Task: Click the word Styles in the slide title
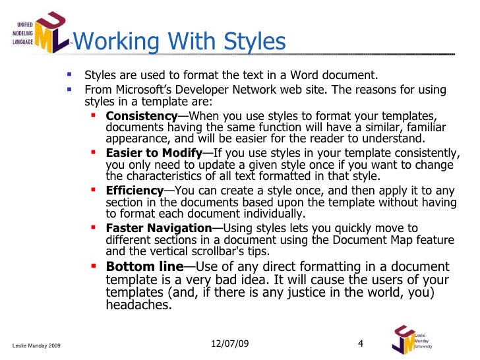pyautogui.click(x=252, y=42)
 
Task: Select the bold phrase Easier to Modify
pyautogui.click(x=154, y=153)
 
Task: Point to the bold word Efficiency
pyautogui.click(x=134, y=191)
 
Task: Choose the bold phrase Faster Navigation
pyautogui.click(x=158, y=228)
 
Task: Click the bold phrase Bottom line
pyautogui.click(x=144, y=267)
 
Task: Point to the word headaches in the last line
pyautogui.click(x=138, y=305)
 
